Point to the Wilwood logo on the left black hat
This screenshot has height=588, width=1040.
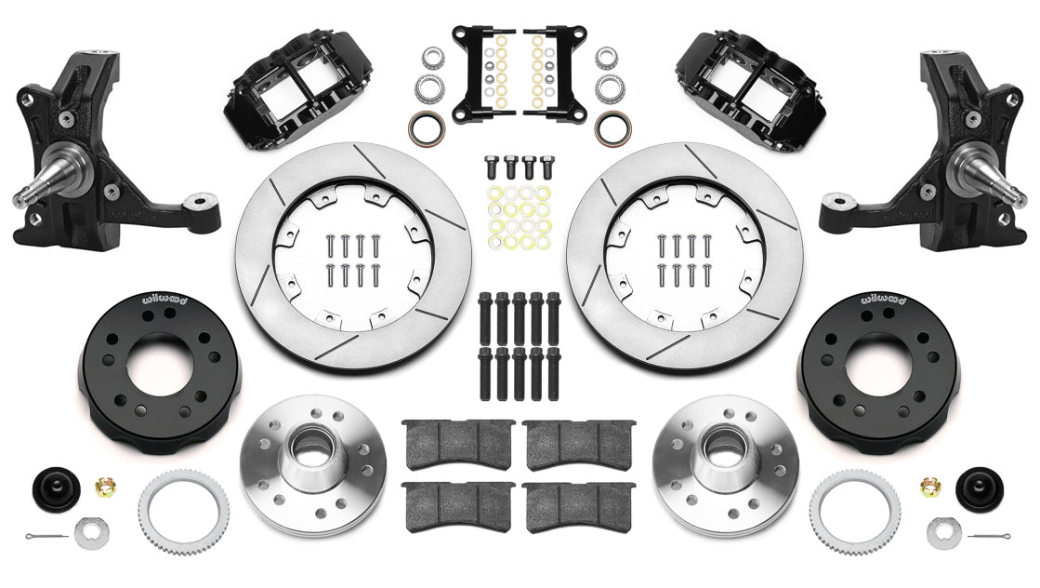pos(164,300)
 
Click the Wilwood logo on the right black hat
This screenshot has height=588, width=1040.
pos(877,300)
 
